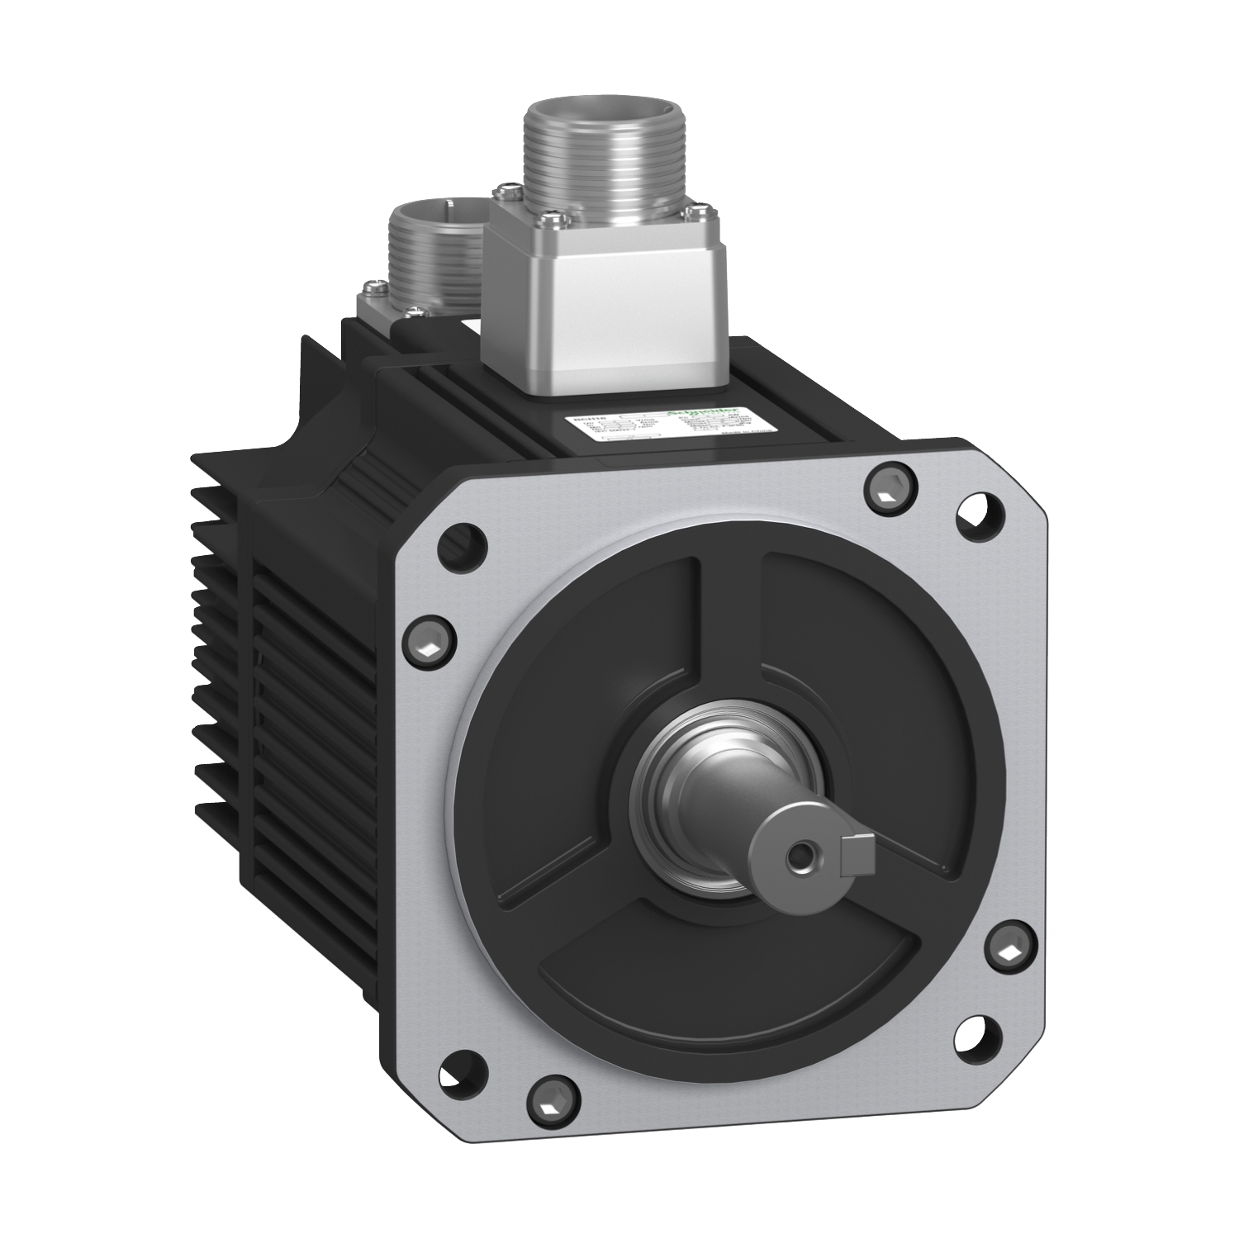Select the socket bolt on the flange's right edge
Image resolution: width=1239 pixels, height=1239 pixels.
(x=1009, y=952)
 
